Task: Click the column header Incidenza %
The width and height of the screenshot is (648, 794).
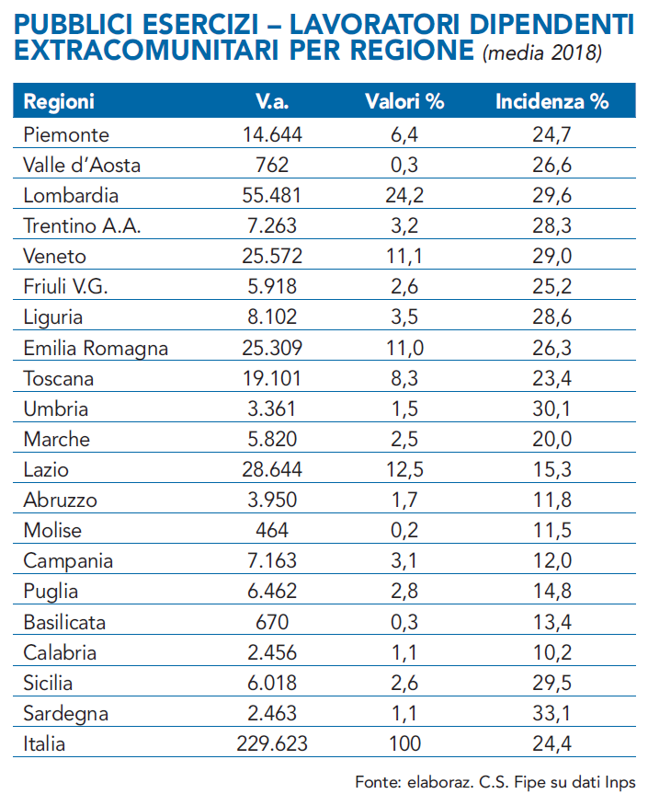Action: click(x=551, y=102)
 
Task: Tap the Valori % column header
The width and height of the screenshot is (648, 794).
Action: click(x=404, y=102)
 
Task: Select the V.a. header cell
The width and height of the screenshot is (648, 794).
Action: click(x=272, y=102)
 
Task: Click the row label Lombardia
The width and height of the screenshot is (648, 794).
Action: click(x=71, y=196)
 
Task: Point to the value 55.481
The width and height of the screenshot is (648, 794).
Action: click(x=272, y=196)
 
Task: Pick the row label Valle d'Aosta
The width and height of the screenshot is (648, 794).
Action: click(x=82, y=166)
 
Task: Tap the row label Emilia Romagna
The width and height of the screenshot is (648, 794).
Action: click(x=96, y=349)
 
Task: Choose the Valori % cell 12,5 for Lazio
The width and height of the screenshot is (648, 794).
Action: click(x=404, y=470)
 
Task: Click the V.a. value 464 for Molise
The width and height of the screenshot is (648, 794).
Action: click(x=272, y=531)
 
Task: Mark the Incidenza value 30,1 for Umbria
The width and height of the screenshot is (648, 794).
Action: click(x=552, y=409)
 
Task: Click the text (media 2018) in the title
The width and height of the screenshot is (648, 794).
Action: click(x=542, y=53)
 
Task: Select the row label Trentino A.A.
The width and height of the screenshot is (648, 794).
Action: click(x=82, y=226)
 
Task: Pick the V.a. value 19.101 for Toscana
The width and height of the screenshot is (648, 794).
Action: click(x=272, y=379)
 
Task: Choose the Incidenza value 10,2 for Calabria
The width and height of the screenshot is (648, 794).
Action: click(x=552, y=653)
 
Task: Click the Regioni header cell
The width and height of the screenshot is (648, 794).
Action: click(x=59, y=102)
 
